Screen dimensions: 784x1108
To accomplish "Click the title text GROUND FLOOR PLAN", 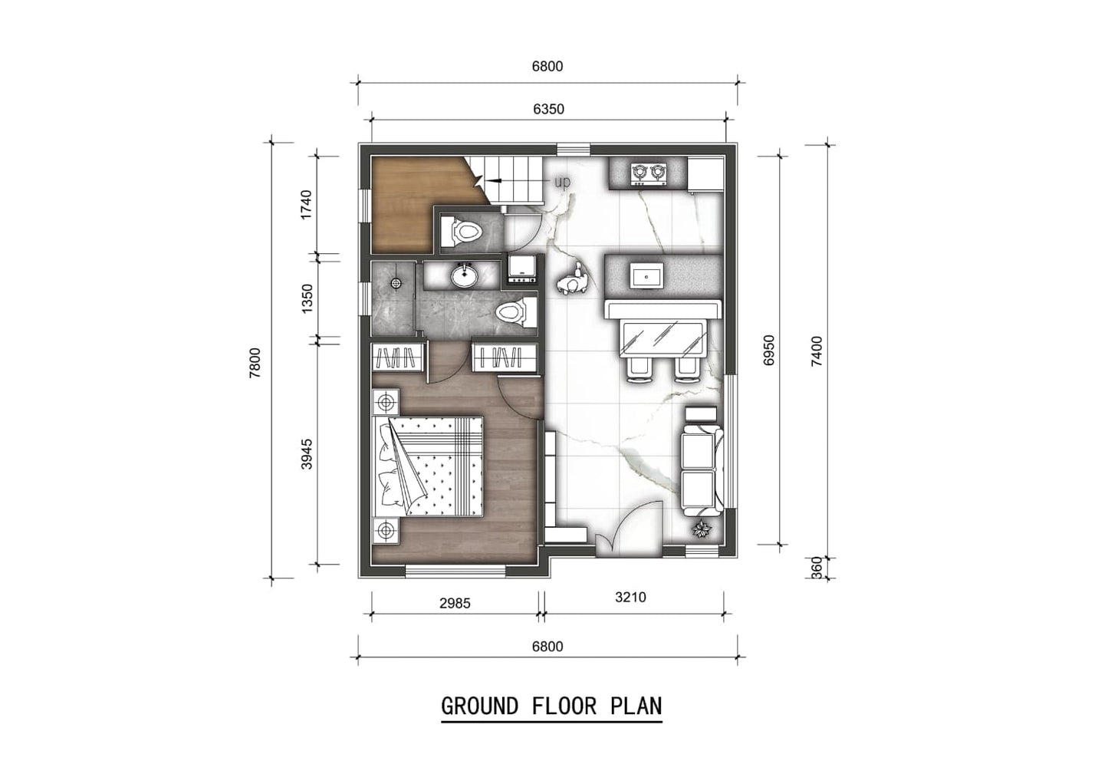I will pos(551,706).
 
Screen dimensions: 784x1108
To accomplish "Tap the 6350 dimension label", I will pos(548,109).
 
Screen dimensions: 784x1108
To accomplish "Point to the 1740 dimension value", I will pos(307,205).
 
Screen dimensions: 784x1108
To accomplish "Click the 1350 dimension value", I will pos(307,298).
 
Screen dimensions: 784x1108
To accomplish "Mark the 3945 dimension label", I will pos(307,453).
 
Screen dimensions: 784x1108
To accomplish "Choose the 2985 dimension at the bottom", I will pos(455,603).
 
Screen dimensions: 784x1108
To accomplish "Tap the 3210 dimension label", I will pos(630,597).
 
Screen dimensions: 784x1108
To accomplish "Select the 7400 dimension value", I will pos(817,351).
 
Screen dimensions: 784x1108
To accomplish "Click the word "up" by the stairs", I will pos(562,182).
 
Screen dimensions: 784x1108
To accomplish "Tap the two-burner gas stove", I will pos(647,174).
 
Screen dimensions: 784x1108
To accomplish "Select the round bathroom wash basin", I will pos(463,275).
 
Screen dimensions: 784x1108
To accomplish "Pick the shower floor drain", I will pos(396,282).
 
